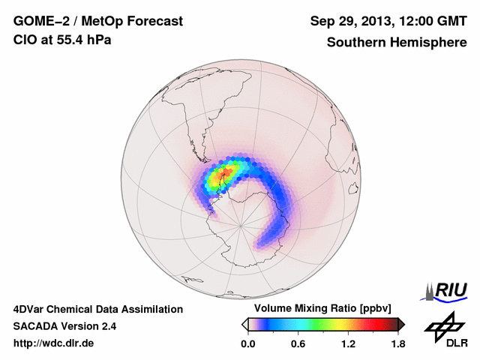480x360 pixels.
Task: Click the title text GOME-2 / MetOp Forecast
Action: coord(97,22)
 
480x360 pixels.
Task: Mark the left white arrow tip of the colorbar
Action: coord(244,324)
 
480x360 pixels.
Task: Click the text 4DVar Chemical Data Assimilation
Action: coord(97,309)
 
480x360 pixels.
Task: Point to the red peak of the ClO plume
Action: coord(224,175)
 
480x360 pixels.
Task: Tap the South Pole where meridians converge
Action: coord(240,223)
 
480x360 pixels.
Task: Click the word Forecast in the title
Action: coord(150,22)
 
